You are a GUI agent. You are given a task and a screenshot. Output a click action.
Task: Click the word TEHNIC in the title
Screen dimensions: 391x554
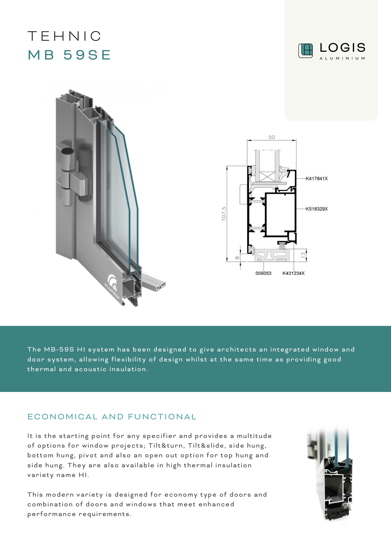tap(64, 36)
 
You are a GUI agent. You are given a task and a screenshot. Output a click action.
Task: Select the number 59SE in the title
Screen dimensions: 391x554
tap(87, 55)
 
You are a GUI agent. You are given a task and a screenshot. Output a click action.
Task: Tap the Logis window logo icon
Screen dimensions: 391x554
tap(306, 51)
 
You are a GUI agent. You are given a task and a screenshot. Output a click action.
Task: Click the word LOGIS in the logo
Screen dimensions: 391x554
tap(343, 48)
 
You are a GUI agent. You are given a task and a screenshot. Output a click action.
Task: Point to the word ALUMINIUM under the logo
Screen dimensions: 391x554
tap(342, 58)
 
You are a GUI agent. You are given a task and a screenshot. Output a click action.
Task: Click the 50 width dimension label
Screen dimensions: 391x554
tap(272, 137)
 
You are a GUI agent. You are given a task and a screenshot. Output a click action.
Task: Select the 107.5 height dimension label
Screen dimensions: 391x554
tap(224, 214)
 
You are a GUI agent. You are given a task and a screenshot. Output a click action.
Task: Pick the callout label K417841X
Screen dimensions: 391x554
tap(317, 179)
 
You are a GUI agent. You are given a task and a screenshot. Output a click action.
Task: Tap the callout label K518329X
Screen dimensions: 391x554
tap(317, 209)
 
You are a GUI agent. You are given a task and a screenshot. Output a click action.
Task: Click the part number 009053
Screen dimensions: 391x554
tap(263, 273)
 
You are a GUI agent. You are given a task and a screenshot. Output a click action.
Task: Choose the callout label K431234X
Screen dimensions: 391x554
tap(293, 273)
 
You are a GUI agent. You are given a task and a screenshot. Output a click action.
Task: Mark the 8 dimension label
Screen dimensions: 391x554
tap(237, 258)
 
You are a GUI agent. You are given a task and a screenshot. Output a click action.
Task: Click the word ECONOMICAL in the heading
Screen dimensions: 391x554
tap(62, 417)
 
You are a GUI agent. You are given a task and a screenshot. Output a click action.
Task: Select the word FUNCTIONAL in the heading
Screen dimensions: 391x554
tap(162, 417)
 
